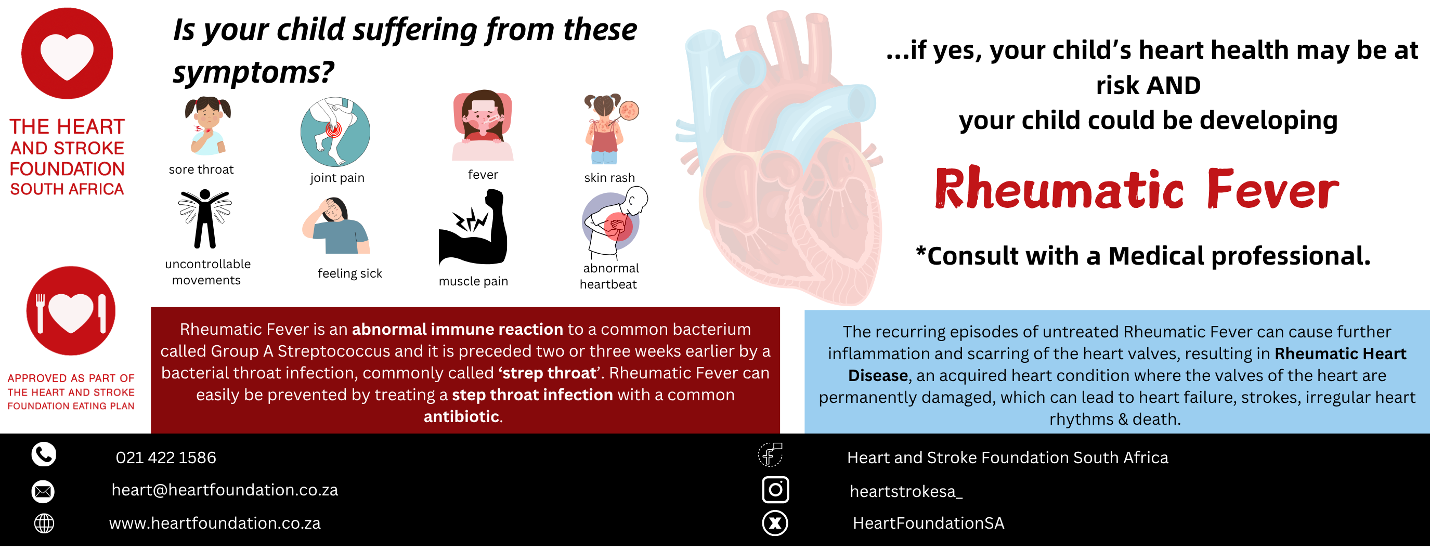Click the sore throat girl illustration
pyautogui.click(x=207, y=125)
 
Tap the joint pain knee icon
pyautogui.click(x=335, y=132)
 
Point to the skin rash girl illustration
pyautogui.click(x=609, y=129)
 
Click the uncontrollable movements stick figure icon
pyautogui.click(x=205, y=219)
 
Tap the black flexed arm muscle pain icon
pyautogui.click(x=473, y=227)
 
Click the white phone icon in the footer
pyautogui.click(x=44, y=454)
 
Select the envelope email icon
pyautogui.click(x=43, y=491)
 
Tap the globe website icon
pyautogui.click(x=44, y=523)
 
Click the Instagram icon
pyautogui.click(x=775, y=490)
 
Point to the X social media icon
pyautogui.click(x=775, y=523)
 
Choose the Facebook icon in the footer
pyautogui.click(x=771, y=454)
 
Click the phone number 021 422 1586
pyautogui.click(x=166, y=457)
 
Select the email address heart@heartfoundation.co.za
pyautogui.click(x=225, y=490)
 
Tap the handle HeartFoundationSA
pyautogui.click(x=928, y=523)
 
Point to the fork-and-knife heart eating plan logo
pyautogui.click(x=71, y=311)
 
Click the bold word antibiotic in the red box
pyautogui.click(x=461, y=416)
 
